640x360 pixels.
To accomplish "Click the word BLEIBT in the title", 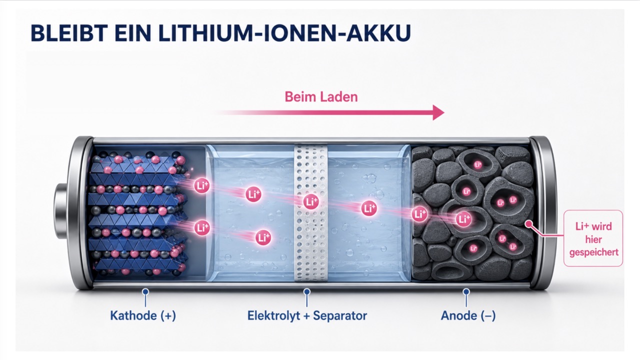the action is [69, 33].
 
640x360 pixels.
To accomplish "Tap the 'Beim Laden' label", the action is [321, 97].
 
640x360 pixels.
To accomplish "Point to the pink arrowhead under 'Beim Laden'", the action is [438, 112].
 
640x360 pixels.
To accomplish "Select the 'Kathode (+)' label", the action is [143, 315].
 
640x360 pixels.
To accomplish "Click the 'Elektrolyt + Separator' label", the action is [307, 315].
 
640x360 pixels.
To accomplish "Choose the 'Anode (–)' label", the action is [468, 315].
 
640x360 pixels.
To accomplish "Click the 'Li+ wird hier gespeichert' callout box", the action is [593, 238].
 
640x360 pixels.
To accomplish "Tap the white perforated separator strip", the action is [311, 213].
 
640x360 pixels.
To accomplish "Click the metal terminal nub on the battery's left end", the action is [61, 211].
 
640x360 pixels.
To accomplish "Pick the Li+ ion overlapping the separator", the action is [311, 201].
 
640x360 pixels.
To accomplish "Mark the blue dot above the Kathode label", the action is [145, 291].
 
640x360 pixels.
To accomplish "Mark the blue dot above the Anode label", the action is [466, 291].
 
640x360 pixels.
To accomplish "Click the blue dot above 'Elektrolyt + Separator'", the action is [307, 291].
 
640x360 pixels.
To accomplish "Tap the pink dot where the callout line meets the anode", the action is [529, 224].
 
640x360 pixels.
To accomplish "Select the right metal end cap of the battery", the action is [541, 213].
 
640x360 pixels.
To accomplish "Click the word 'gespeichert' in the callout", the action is [593, 252].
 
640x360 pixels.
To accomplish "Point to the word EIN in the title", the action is [133, 33].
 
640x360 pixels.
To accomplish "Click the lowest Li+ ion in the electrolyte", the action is [263, 237].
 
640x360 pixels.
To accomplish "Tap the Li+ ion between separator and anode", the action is [369, 208].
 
